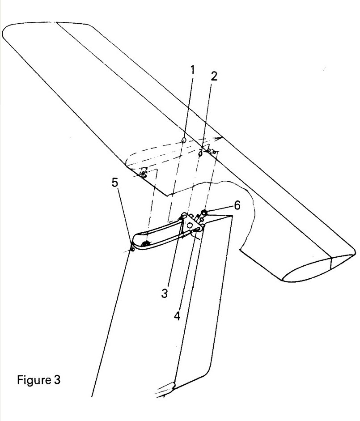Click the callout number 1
192,70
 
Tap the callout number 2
213,77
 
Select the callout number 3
165,293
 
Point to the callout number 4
177,316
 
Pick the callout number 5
114,183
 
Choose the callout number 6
237,205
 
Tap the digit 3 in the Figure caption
57,380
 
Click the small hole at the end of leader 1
184,140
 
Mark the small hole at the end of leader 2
200,154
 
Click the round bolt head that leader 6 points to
204,213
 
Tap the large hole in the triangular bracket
190,226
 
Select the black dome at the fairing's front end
145,244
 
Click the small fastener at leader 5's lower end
132,249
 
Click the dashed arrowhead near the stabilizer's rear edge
218,139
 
